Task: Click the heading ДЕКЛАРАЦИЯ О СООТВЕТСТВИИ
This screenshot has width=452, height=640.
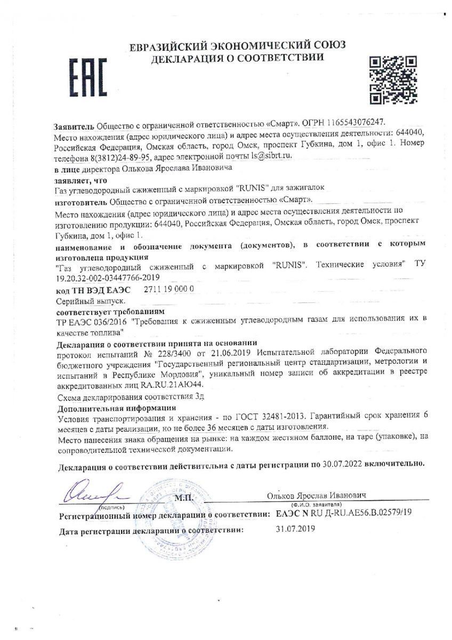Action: click(x=238, y=57)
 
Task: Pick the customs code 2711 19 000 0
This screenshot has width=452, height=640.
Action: click(x=169, y=289)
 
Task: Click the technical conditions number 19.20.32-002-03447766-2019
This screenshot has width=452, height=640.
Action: click(x=107, y=278)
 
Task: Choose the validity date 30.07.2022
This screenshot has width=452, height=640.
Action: click(x=342, y=464)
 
